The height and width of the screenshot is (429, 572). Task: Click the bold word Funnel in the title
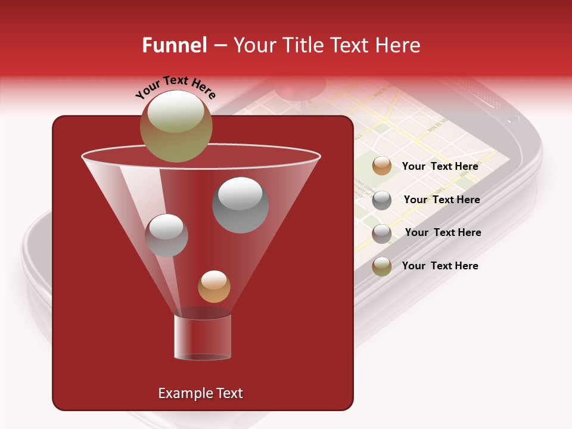tap(174, 45)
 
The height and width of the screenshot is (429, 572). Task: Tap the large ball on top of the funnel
tap(176, 126)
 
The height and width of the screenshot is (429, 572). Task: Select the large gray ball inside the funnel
tap(240, 204)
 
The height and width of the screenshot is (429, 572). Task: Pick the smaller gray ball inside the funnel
tap(166, 235)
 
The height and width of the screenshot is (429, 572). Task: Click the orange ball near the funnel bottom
tap(214, 287)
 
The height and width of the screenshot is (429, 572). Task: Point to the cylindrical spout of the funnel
tap(202, 337)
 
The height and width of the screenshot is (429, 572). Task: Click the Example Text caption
tap(200, 393)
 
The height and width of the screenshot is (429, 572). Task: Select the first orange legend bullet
tap(382, 166)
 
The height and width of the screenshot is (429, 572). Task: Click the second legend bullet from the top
tap(382, 200)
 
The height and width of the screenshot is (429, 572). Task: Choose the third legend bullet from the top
tap(382, 233)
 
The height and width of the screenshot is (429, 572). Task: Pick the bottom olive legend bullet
tap(382, 266)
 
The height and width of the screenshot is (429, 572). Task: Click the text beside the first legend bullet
tap(440, 166)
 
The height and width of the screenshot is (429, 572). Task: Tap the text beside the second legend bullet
tap(442, 200)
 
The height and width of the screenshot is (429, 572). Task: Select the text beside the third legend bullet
tap(443, 232)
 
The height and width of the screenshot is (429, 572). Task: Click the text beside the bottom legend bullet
tap(440, 266)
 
